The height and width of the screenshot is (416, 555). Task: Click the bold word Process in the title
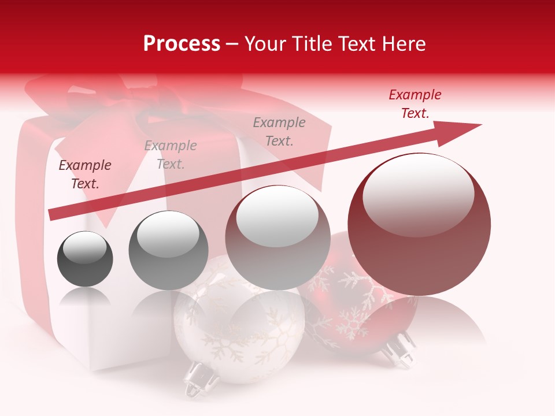coord(182,43)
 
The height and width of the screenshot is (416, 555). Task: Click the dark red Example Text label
coord(415,104)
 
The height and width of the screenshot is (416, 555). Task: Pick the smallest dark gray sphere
coord(85,259)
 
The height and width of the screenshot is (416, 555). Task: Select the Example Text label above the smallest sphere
coord(85,174)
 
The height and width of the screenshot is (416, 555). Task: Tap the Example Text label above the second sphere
coord(171,155)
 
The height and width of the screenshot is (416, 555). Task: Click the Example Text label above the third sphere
coord(279,132)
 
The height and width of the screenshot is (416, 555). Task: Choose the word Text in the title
coord(358,43)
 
